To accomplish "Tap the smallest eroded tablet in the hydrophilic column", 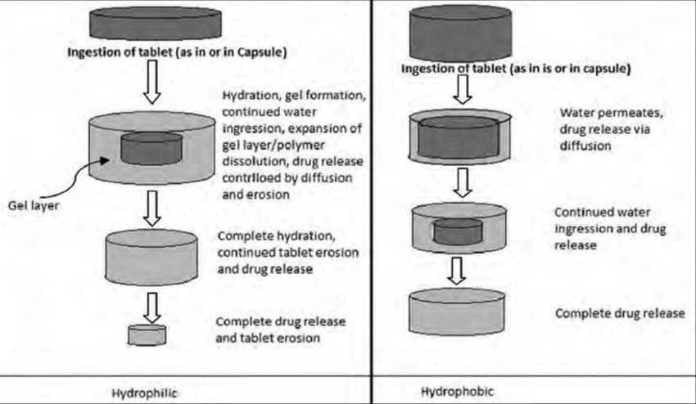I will pyautogui.click(x=147, y=334).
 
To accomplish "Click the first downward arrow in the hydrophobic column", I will pyautogui.click(x=463, y=92).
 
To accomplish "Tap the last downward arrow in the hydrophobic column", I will pyautogui.click(x=463, y=267).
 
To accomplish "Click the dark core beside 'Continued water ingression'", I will pyautogui.click(x=463, y=232).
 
